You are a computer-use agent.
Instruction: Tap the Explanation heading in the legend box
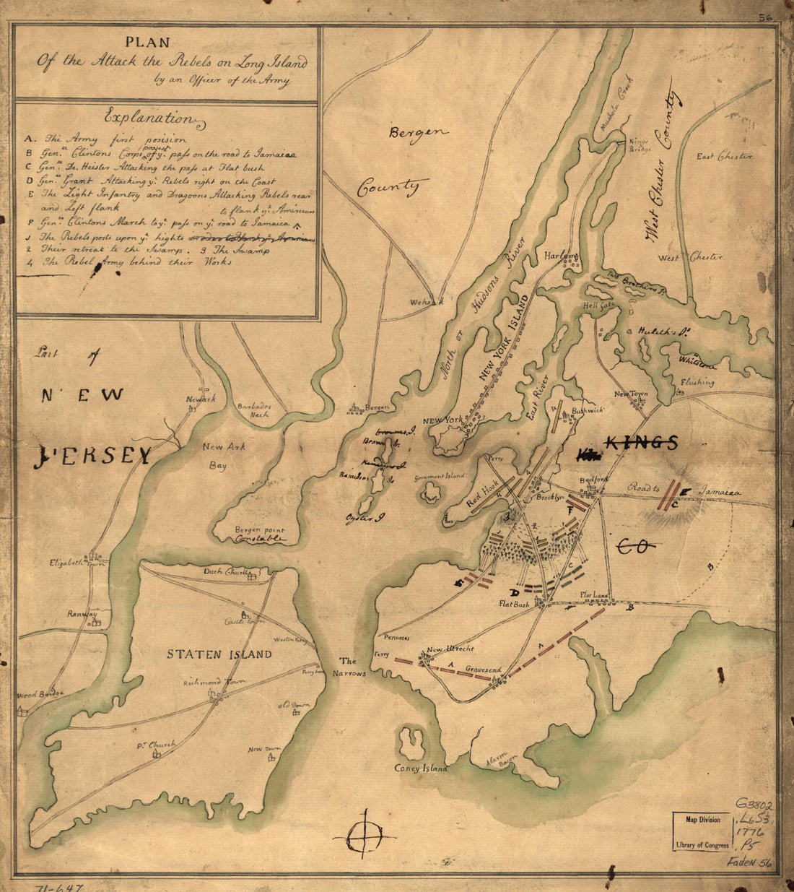pos(149,117)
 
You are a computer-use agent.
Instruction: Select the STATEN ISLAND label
pos(219,654)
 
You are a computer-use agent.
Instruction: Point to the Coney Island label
pos(421,768)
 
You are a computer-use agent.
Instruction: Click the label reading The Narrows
pos(349,667)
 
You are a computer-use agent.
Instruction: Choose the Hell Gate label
pos(597,306)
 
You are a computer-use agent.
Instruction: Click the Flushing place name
pos(697,382)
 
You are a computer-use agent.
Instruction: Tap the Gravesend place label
pos(483,670)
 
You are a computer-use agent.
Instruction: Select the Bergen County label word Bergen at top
pos(419,132)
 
